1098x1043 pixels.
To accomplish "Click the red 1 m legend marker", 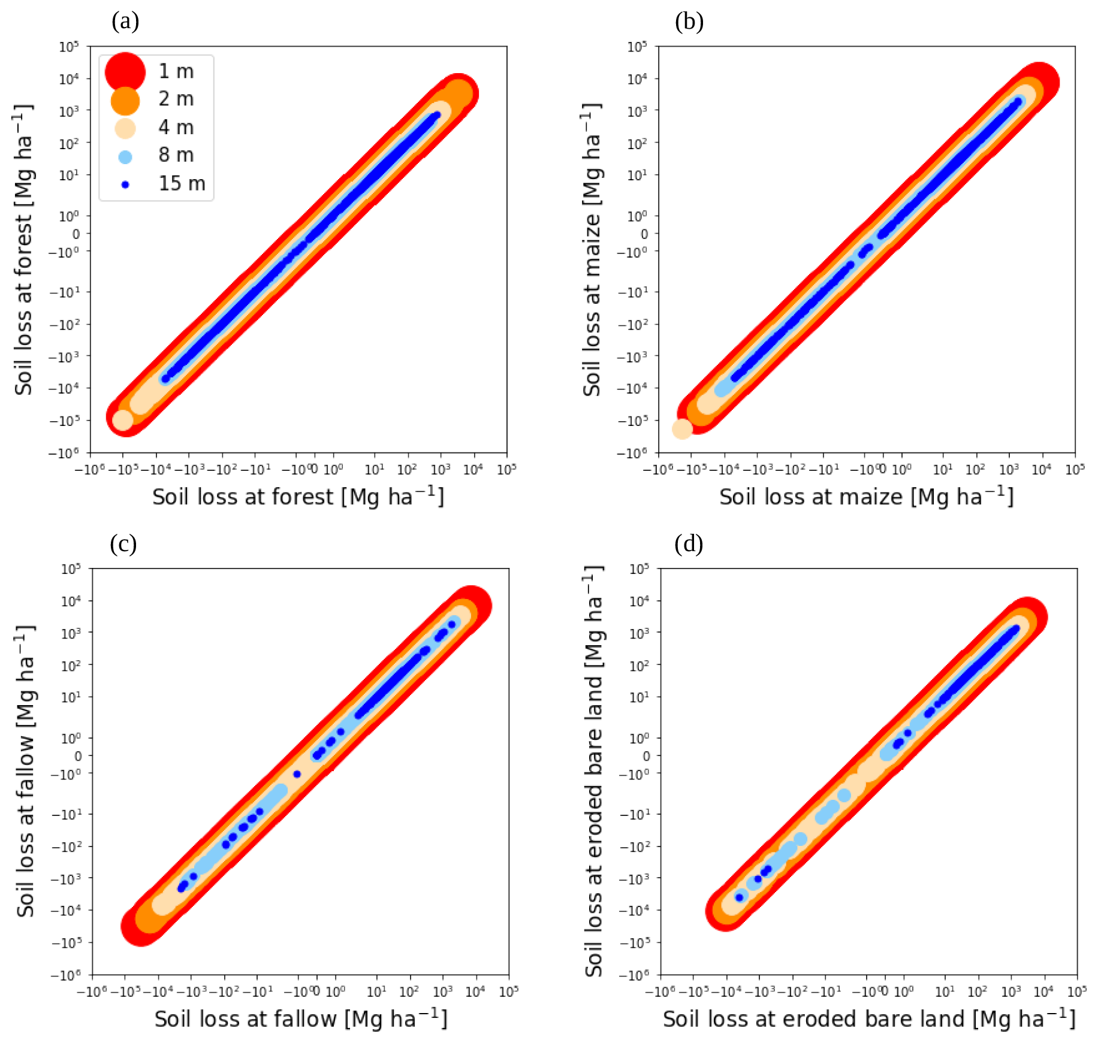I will [x=125, y=72].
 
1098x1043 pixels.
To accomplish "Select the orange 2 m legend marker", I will [x=125, y=100].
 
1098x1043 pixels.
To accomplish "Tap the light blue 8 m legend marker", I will [x=125, y=157].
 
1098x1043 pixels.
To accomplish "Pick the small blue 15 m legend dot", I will [x=125, y=185].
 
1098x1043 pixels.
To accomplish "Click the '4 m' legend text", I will [x=176, y=128].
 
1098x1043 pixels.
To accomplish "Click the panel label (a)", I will [x=125, y=22].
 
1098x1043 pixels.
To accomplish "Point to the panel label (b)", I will [x=689, y=22].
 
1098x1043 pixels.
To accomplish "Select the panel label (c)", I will [x=123, y=544].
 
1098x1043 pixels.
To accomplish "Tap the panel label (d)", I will [x=689, y=544].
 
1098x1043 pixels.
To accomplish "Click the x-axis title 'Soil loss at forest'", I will [x=298, y=497].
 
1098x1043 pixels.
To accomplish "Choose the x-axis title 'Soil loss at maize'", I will [x=866, y=497].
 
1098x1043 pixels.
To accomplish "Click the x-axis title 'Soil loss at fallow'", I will [x=301, y=1019].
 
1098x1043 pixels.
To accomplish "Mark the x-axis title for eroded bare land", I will [x=869, y=1019].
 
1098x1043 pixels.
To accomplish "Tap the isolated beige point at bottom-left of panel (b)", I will [x=682, y=429].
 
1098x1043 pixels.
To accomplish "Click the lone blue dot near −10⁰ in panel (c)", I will [x=297, y=774].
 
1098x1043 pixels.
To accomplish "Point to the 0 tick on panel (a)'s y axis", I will [x=76, y=234].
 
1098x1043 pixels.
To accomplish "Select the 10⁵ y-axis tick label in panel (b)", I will [x=638, y=47].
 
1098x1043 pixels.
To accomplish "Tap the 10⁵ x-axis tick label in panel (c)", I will [x=508, y=992].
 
